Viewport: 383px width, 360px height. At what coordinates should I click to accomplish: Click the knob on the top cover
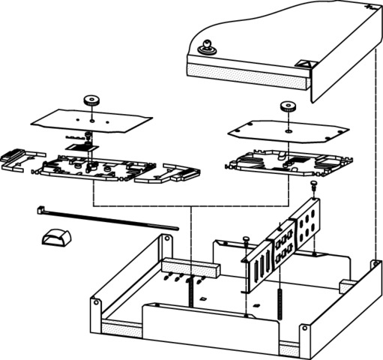point(206,49)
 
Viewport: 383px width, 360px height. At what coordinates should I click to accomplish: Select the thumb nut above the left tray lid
point(91,99)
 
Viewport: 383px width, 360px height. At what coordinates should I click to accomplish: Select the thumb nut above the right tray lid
point(287,106)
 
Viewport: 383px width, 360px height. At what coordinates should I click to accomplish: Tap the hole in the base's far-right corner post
point(373,265)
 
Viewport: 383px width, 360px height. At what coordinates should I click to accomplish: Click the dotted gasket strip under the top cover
point(247,72)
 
